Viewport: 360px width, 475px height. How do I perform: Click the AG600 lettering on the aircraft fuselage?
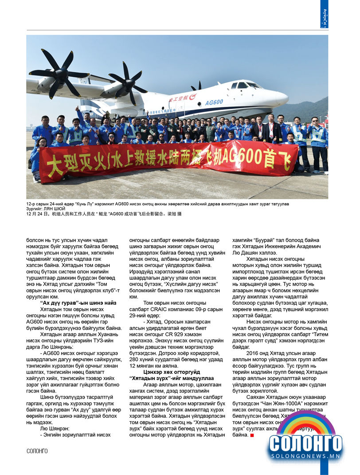point(226,102)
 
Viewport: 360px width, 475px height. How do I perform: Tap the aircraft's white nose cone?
point(282,98)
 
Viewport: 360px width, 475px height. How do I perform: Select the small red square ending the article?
point(252,435)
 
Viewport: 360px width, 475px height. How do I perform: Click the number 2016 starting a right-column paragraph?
point(254,353)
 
